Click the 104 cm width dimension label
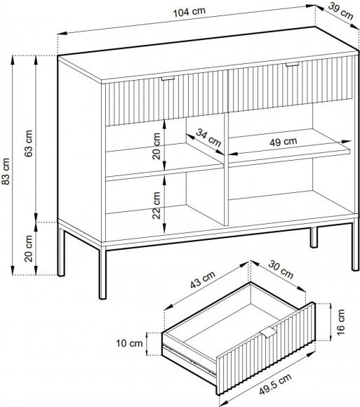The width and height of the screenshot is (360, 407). click(189, 11)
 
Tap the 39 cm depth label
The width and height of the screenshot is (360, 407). click(341, 11)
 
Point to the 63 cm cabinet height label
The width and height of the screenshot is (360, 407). click(29, 143)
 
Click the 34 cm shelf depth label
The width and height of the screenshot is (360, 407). click(208, 138)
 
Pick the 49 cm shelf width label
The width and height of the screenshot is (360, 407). click(284, 142)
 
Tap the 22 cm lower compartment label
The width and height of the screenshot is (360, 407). click(156, 206)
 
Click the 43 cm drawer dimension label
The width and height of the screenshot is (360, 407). click(203, 279)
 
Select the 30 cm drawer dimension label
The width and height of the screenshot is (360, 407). click(281, 269)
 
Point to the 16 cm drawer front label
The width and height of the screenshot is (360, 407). click(341, 322)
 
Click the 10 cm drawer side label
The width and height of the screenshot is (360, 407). click(129, 343)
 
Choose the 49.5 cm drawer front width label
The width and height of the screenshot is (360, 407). click(275, 385)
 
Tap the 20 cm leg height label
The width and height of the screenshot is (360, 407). click(29, 248)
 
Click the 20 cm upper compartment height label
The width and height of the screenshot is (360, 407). click(156, 146)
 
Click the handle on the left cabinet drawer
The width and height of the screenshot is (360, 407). click(168, 78)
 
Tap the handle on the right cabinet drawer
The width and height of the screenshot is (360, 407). click(292, 64)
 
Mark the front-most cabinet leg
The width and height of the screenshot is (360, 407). click(102, 272)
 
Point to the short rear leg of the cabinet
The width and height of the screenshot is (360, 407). click(314, 237)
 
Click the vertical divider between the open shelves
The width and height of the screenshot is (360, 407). click(226, 168)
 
